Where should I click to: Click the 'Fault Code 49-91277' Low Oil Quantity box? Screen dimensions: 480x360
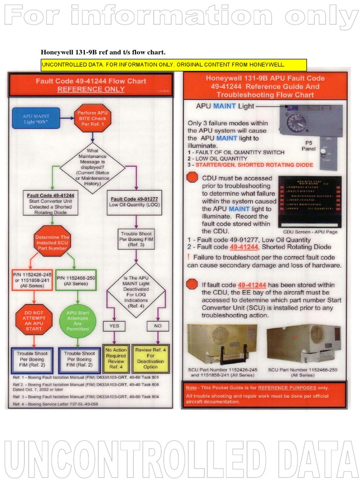coord(134,202)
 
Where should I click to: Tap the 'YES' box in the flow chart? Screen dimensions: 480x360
coord(114,325)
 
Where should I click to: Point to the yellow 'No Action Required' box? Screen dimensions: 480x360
coord(115,359)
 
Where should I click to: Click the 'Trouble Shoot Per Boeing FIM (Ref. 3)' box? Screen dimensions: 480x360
coord(136,239)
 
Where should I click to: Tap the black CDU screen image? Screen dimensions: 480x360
coord(309,202)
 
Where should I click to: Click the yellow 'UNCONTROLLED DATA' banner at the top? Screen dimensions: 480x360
coord(173,65)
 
